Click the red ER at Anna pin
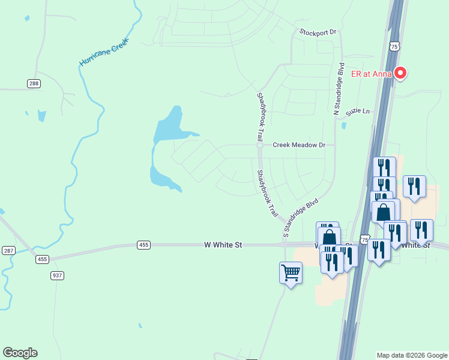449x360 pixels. [x=400, y=73]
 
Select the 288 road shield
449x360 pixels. [x=34, y=84]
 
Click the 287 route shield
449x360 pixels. [x=8, y=250]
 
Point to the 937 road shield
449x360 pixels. [x=57, y=275]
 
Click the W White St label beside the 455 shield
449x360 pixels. [x=223, y=245]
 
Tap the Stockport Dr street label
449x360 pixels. [x=318, y=32]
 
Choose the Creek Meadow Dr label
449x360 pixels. [x=298, y=145]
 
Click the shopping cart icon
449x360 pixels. [x=291, y=273]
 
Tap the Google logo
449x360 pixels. [x=20, y=353]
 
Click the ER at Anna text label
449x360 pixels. [x=371, y=74]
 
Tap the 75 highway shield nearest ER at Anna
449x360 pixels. [x=394, y=46]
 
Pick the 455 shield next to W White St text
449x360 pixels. [x=143, y=245]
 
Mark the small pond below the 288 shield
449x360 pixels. [x=41, y=115]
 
